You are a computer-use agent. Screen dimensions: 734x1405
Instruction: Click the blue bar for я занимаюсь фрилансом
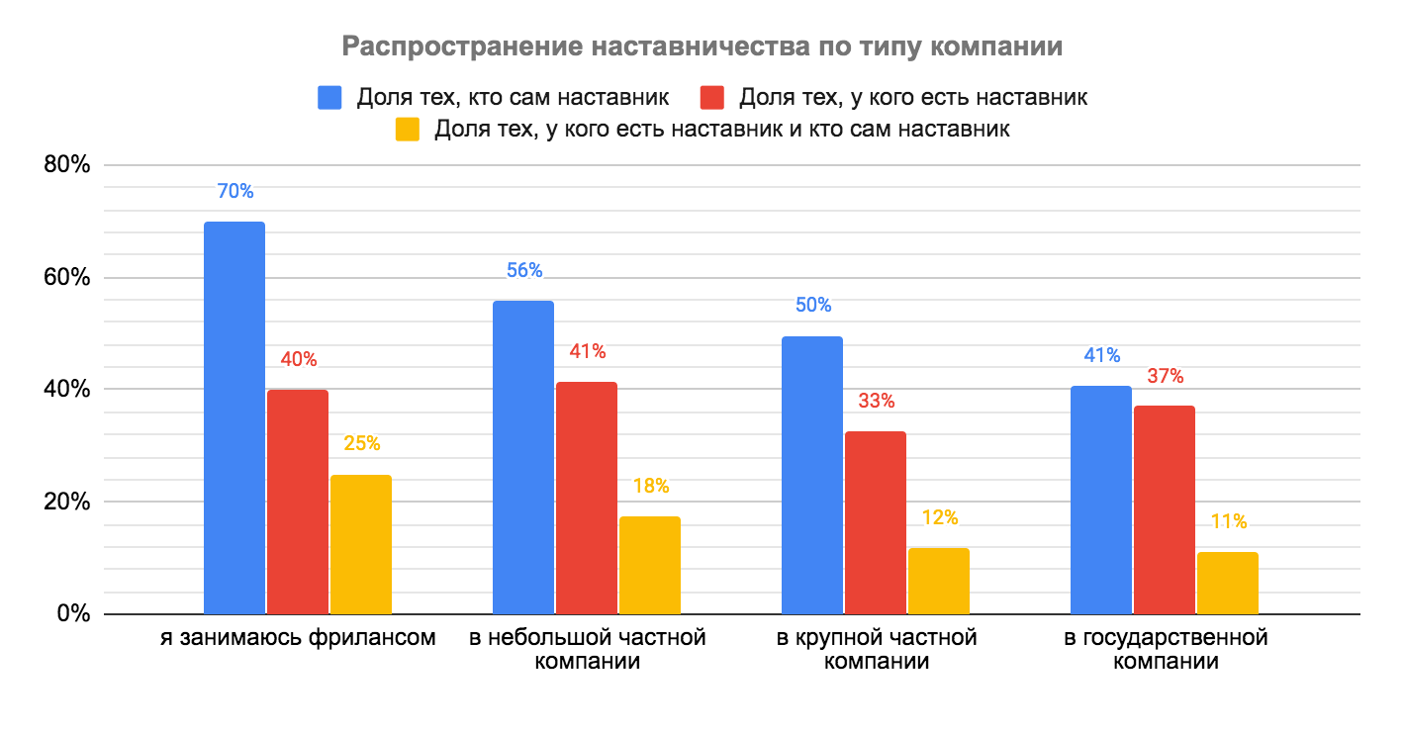click(234, 417)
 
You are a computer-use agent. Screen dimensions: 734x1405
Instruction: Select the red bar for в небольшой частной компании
click(587, 498)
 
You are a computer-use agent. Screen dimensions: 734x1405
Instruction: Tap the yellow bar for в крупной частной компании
click(939, 581)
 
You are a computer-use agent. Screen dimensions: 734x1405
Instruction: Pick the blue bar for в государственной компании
click(1101, 500)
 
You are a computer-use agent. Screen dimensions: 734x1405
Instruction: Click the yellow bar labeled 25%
click(361, 544)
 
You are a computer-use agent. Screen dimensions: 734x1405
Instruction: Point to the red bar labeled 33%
click(876, 522)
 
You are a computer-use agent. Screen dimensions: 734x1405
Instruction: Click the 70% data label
click(234, 192)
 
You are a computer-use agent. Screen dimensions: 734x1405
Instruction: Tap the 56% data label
click(523, 271)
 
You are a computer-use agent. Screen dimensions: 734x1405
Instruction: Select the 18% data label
click(650, 486)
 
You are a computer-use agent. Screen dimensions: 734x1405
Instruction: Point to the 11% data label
click(1228, 521)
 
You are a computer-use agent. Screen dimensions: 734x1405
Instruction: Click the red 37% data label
click(1165, 376)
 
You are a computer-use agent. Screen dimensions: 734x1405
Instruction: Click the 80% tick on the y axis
click(67, 165)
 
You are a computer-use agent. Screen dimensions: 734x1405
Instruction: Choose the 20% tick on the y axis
click(67, 502)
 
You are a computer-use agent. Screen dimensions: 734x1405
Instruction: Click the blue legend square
click(329, 97)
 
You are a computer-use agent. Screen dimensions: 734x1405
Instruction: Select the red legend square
click(711, 97)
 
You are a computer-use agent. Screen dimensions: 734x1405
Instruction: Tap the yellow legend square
click(407, 130)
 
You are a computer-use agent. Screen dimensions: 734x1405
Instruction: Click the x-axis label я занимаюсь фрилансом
click(298, 638)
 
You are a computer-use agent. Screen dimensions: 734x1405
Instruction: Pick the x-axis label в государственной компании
click(1165, 649)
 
